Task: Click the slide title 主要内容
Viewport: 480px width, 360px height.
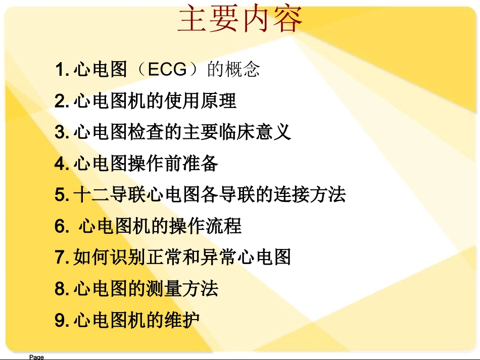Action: point(241,20)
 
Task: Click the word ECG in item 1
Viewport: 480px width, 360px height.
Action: point(167,70)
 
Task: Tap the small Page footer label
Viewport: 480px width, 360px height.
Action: point(36,357)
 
